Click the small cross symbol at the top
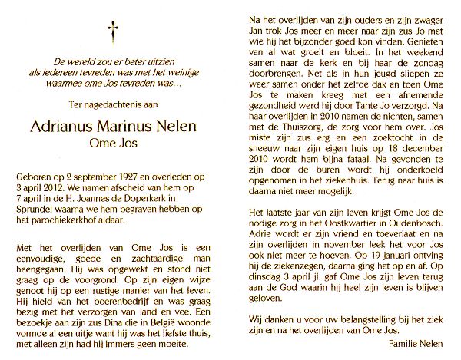pos(114,33)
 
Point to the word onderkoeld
pos(414,186)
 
